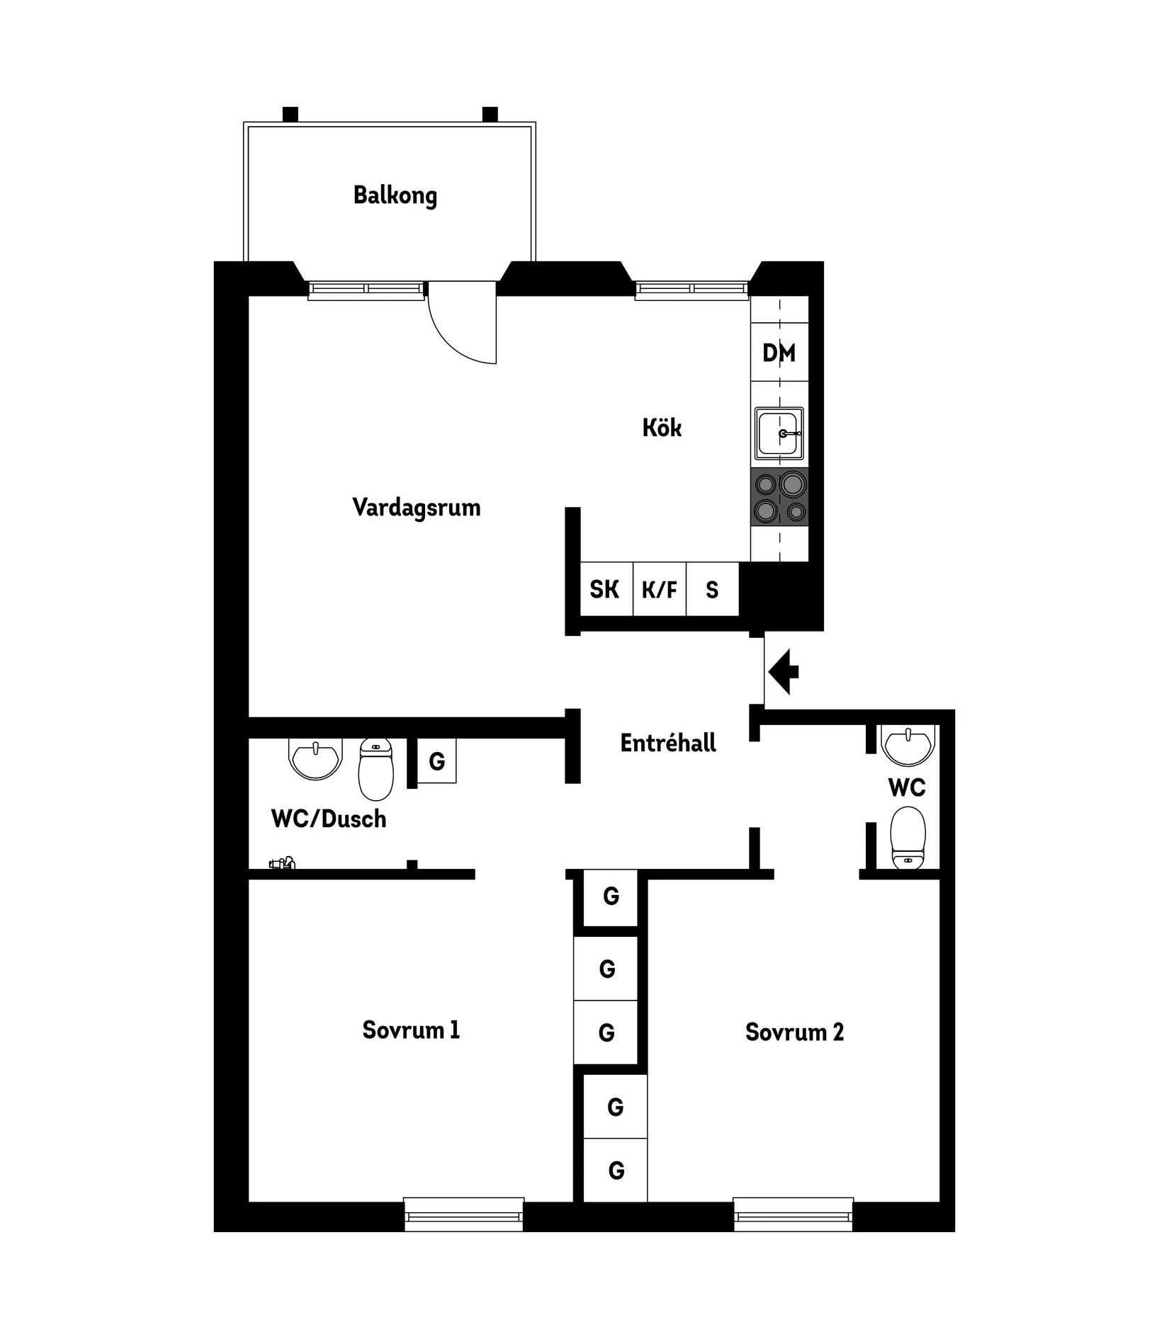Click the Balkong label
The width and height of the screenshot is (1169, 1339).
click(x=395, y=195)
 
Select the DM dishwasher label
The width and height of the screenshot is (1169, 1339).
click(x=779, y=353)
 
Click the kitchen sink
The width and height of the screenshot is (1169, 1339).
click(x=779, y=433)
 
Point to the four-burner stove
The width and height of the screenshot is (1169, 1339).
click(x=779, y=496)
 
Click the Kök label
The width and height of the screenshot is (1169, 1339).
click(x=662, y=428)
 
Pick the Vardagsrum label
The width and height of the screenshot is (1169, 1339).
click(x=416, y=508)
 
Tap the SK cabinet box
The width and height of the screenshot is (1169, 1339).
click(x=605, y=589)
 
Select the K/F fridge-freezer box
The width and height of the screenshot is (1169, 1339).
click(x=659, y=589)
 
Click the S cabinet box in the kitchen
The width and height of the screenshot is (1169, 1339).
click(x=712, y=589)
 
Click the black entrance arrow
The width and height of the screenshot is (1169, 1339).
click(x=783, y=672)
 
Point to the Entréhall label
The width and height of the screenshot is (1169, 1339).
click(x=668, y=743)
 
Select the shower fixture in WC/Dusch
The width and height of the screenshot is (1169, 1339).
click(x=282, y=863)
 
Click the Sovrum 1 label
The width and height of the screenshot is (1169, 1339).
click(x=411, y=1030)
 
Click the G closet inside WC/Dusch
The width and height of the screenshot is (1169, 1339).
click(x=436, y=761)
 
